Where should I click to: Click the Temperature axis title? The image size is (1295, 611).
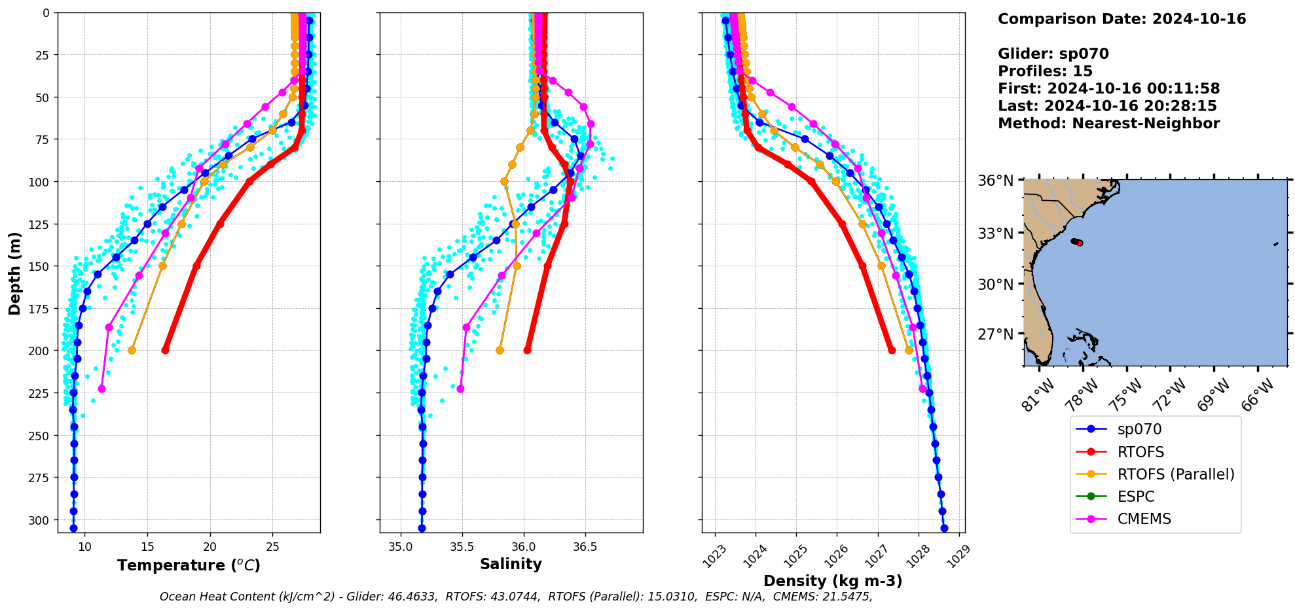189,565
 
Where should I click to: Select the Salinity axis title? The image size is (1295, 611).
511,565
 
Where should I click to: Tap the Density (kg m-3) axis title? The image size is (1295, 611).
833,581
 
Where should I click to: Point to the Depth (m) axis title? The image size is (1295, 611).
14,273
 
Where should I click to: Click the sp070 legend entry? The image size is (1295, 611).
1139,430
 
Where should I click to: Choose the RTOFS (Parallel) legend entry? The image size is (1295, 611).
1176,474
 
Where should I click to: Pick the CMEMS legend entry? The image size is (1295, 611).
1144,519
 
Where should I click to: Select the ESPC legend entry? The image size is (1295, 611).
1136,497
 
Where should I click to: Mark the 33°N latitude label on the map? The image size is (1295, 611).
996,234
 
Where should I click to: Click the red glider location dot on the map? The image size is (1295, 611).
1080,243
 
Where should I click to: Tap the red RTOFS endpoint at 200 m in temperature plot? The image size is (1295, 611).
166,351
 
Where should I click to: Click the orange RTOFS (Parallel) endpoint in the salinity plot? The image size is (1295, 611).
500,351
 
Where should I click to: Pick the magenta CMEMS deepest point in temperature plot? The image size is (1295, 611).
101,389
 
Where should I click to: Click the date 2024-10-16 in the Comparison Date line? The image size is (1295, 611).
1199,19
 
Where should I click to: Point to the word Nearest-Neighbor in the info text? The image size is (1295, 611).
1146,124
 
